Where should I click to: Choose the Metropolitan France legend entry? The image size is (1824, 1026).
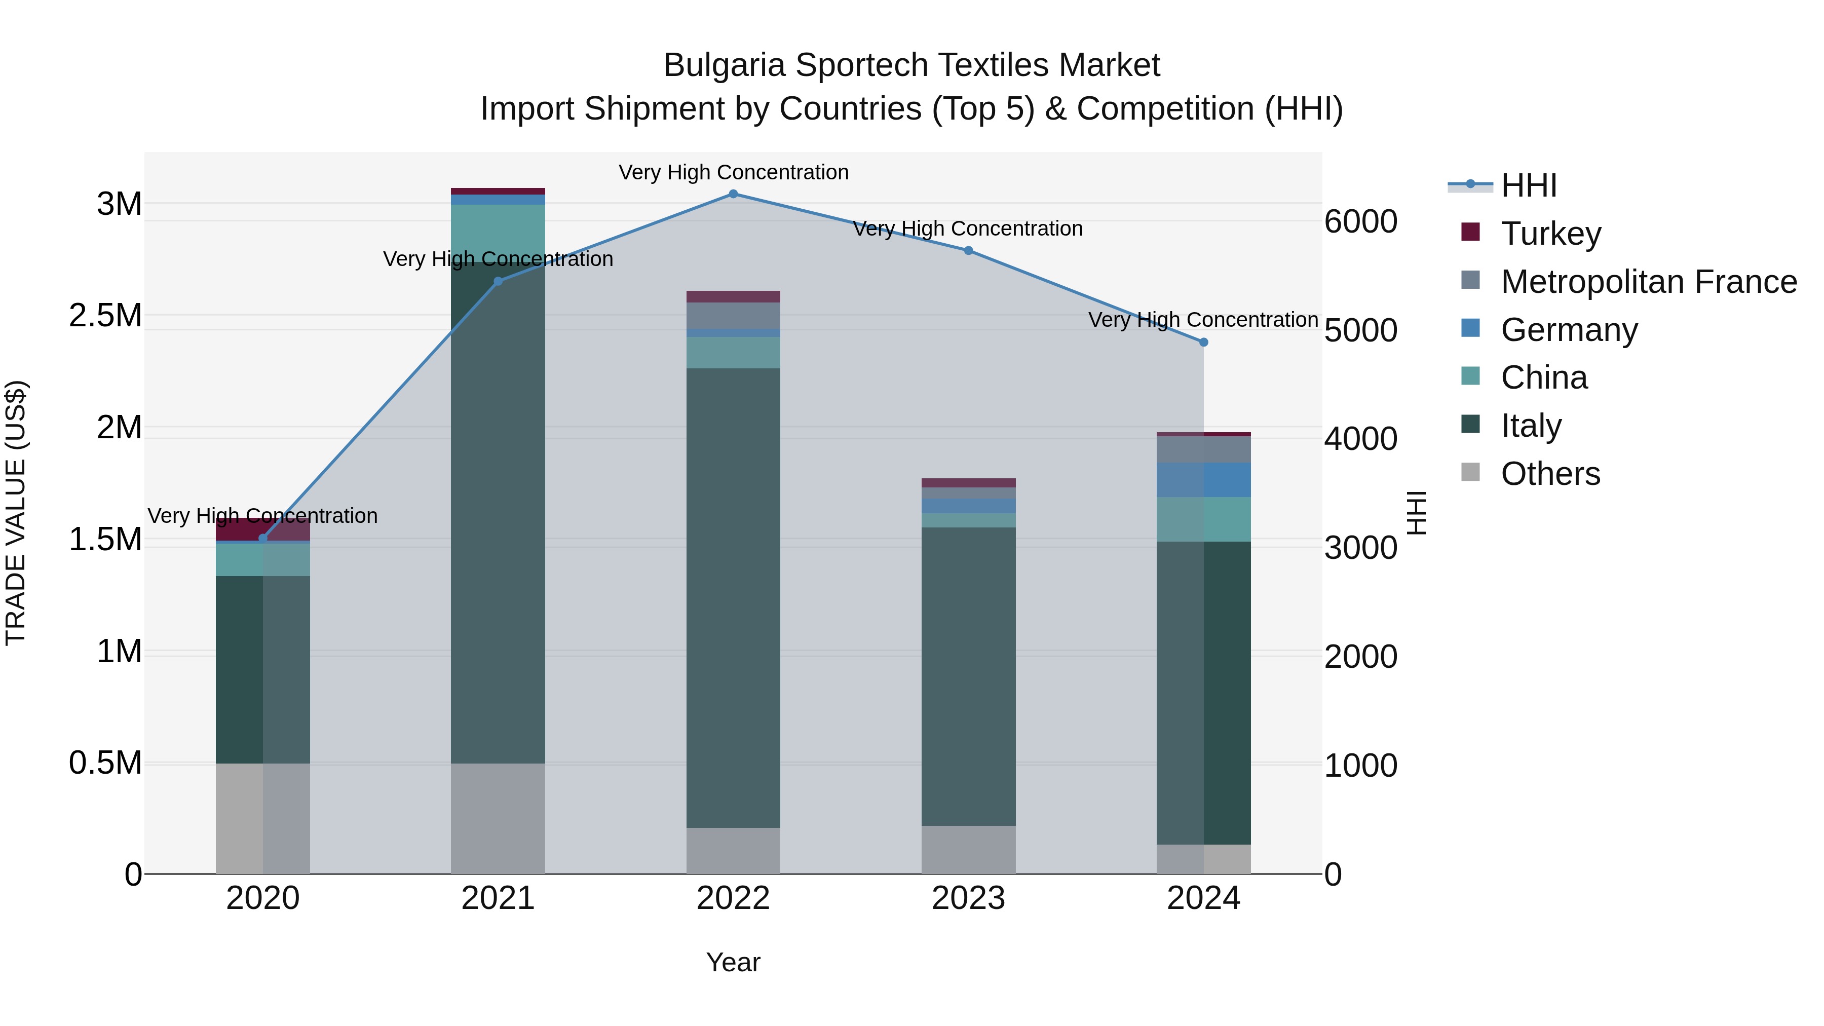(1648, 281)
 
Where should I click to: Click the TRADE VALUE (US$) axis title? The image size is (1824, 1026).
(16, 513)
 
